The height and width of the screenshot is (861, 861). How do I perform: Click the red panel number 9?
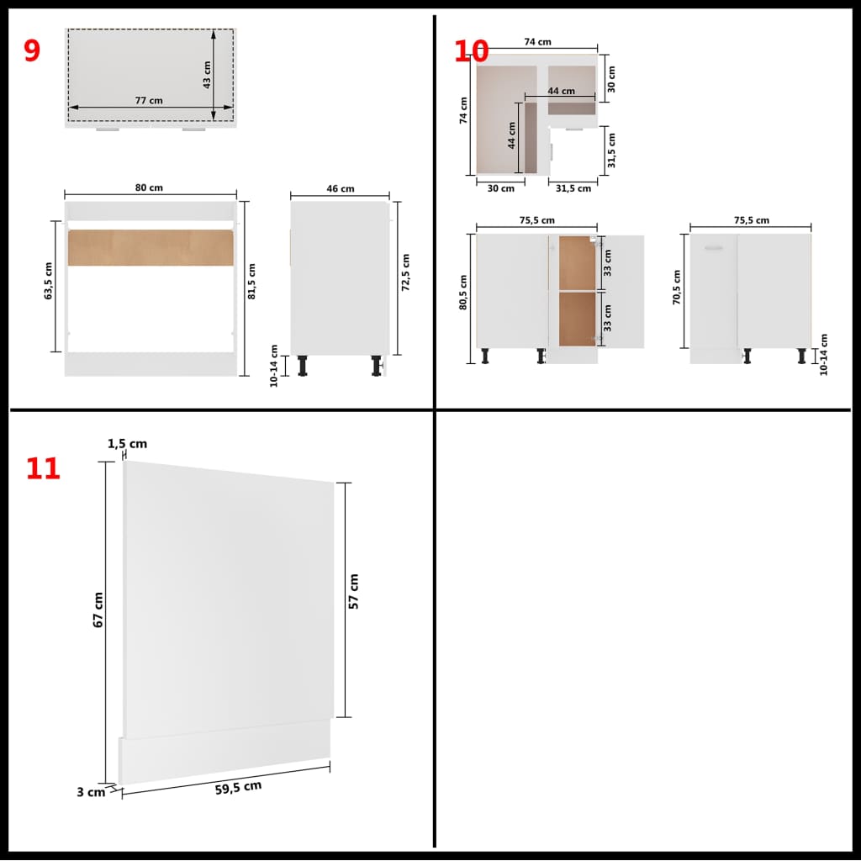tap(31, 50)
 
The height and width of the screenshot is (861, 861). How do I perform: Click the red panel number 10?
tap(471, 51)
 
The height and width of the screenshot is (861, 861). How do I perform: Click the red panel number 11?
tap(43, 468)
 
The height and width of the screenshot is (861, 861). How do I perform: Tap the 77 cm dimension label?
tap(149, 100)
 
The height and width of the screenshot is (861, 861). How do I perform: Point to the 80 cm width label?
tap(150, 188)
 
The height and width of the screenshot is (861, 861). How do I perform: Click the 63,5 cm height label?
tap(49, 281)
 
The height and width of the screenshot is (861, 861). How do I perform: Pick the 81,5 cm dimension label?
tap(252, 281)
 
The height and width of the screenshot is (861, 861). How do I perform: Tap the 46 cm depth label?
tap(341, 189)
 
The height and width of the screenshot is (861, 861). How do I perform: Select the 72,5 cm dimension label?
tap(405, 272)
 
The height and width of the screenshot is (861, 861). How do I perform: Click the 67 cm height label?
tap(98, 610)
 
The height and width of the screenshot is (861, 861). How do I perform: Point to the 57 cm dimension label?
tap(353, 592)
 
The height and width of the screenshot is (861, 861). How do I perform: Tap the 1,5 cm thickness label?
tap(127, 444)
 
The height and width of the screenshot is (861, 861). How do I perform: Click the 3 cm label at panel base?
tap(92, 792)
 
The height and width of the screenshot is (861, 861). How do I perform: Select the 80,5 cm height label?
tap(463, 293)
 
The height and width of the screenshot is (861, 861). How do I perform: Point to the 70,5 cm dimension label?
tap(677, 287)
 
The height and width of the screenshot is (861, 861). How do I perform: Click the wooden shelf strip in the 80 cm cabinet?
tap(150, 247)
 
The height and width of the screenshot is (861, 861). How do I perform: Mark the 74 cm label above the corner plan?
tap(537, 42)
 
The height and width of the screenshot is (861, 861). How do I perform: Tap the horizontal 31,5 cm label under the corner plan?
tap(573, 188)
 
